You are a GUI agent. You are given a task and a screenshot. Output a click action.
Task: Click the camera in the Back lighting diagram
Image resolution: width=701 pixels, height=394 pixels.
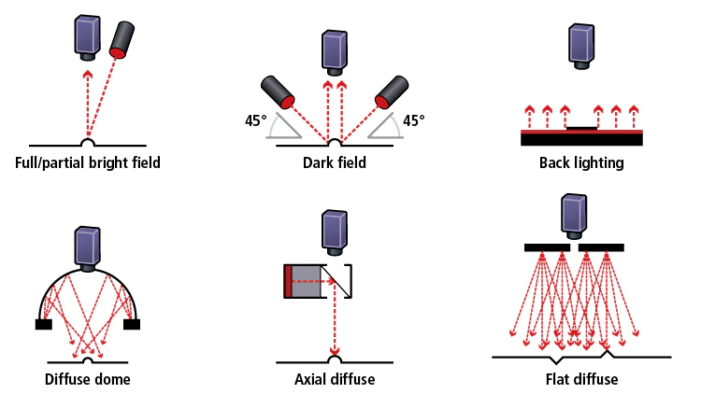581,47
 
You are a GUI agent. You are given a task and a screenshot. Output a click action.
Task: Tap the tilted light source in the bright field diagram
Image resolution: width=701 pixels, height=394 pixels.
122,39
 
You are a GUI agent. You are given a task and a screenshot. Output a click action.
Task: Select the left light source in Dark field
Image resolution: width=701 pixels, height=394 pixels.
278,92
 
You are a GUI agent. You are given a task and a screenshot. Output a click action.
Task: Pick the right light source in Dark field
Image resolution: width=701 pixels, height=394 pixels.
392,92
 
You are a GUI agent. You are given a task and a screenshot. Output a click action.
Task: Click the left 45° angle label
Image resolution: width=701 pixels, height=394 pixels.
256,120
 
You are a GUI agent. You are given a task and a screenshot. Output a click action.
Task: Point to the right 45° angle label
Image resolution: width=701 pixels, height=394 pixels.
413,120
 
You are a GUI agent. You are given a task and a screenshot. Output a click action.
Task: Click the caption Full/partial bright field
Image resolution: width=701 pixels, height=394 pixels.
88,162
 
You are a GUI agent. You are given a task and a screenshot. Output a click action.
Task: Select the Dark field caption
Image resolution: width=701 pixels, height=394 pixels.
335,162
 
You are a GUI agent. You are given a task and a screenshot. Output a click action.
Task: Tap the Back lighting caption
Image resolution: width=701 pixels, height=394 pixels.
581,163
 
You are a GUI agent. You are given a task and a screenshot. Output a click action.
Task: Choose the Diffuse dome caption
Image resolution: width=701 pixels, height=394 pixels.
88,379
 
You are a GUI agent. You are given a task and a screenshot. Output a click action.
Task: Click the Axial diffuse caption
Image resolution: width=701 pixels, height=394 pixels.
335,379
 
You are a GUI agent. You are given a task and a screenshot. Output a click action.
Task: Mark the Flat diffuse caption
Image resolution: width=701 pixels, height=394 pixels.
581,379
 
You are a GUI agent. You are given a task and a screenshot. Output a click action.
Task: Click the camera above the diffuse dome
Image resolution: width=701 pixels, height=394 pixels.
88,249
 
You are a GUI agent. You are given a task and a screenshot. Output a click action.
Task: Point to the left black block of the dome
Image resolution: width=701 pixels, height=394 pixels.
44,324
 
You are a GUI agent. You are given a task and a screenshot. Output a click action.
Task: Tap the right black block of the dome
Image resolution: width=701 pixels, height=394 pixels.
132,324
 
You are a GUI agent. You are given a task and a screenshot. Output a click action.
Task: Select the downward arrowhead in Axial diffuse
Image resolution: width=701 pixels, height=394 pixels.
335,350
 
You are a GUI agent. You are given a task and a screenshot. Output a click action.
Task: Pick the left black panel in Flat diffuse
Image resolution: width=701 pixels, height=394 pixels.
547,247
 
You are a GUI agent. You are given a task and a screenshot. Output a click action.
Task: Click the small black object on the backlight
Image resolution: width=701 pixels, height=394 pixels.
581,128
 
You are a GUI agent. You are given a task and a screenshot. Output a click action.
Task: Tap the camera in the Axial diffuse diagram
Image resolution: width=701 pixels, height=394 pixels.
335,233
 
